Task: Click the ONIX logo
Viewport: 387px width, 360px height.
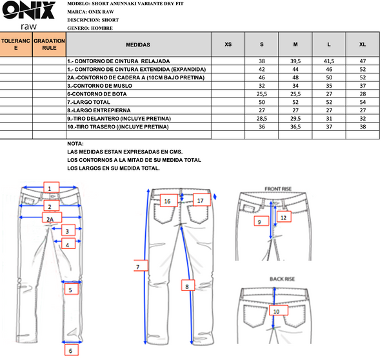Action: tap(28, 15)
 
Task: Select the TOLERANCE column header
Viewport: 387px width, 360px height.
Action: tap(16, 45)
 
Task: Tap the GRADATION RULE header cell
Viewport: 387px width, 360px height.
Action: tap(49, 45)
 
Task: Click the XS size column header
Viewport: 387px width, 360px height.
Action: tap(228, 45)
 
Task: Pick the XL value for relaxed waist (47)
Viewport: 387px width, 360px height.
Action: tap(362, 61)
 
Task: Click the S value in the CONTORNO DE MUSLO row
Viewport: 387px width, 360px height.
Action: tap(262, 86)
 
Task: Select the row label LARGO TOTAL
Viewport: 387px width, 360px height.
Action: tap(88, 102)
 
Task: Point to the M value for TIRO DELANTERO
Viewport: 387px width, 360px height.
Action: tap(295, 119)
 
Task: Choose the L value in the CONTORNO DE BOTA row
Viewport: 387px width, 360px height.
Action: tap(329, 94)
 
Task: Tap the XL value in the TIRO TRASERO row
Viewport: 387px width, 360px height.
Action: tap(362, 126)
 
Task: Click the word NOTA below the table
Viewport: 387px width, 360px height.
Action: tap(75, 144)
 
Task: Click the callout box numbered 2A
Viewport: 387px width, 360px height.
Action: tap(52, 217)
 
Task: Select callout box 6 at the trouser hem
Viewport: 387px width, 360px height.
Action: tap(72, 350)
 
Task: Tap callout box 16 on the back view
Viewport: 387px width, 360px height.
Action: tap(169, 200)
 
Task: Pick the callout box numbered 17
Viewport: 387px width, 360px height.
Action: tap(202, 199)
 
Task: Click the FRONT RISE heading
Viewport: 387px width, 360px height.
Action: tap(278, 189)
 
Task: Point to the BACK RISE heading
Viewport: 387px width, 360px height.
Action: tap(282, 279)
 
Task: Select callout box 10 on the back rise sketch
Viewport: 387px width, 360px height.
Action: tap(279, 310)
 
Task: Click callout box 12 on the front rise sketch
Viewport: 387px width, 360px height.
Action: tap(284, 217)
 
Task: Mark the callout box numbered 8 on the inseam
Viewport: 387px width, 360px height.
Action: tap(188, 285)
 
